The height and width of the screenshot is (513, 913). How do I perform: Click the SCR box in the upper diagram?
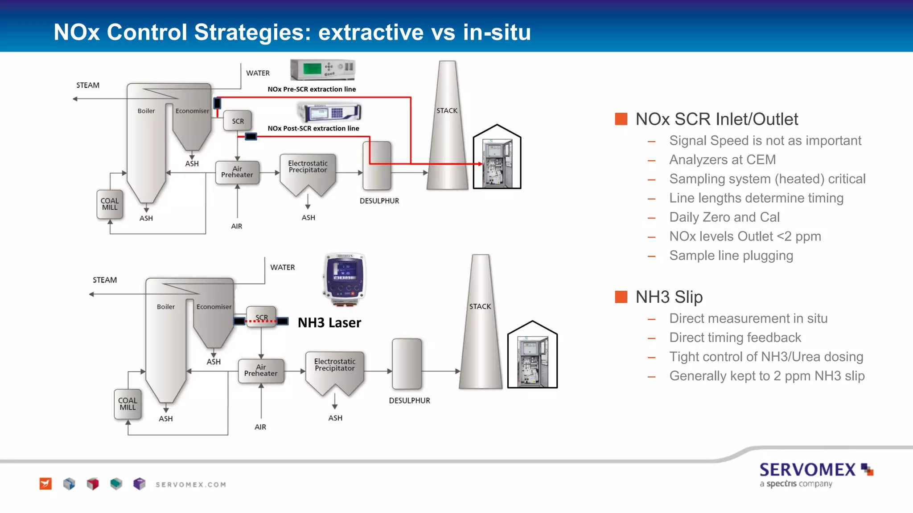pyautogui.click(x=238, y=121)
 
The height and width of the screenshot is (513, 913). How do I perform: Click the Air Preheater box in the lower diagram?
pyautogui.click(x=261, y=370)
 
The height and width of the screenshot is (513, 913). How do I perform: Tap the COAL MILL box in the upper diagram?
pyautogui.click(x=110, y=204)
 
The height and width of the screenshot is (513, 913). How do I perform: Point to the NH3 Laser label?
pyautogui.click(x=329, y=323)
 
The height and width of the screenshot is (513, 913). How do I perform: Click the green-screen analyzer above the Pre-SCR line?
pyautogui.click(x=323, y=69)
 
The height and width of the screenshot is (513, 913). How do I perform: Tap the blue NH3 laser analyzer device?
pyautogui.click(x=344, y=278)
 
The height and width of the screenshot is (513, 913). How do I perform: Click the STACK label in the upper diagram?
pyautogui.click(x=447, y=110)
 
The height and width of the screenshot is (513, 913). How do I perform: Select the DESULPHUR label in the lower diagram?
pyautogui.click(x=409, y=400)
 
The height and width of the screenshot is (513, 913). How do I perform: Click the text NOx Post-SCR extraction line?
pyautogui.click(x=313, y=128)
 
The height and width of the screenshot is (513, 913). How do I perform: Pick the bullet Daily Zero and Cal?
pyautogui.click(x=724, y=217)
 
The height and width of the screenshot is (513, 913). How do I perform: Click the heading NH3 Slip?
pyautogui.click(x=669, y=297)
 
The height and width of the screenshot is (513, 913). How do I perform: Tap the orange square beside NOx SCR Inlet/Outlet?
pyautogui.click(x=621, y=119)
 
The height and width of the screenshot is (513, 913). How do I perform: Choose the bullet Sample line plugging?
pyautogui.click(x=731, y=256)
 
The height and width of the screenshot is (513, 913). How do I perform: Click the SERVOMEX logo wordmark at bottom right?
pyautogui.click(x=807, y=470)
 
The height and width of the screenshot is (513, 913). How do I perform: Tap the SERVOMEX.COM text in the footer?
pyautogui.click(x=191, y=484)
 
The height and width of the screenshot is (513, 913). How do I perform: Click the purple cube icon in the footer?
pyautogui.click(x=139, y=484)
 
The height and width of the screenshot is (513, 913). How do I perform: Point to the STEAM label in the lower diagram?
pyautogui.click(x=105, y=280)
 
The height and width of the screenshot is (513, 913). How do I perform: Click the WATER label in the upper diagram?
pyautogui.click(x=258, y=73)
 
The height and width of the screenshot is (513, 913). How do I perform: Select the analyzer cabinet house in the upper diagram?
pyautogui.click(x=497, y=159)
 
